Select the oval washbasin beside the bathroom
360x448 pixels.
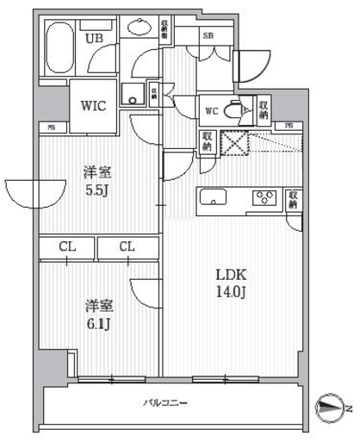coord(139,29)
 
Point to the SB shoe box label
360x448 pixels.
coord(208,35)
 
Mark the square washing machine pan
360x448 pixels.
coord(133,95)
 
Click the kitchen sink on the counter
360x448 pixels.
coord(212,197)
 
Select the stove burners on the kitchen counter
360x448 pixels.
coord(264,198)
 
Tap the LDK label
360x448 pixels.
coord(233,275)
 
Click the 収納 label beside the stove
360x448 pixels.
coord(295,200)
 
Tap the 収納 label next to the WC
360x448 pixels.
coord(263,107)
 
